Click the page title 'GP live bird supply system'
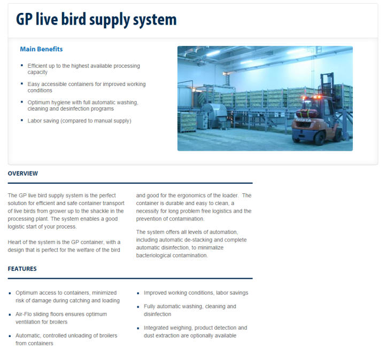tap(96, 20)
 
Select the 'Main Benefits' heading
tap(41, 49)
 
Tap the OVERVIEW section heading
tap(23, 174)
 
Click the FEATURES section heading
tap(22, 269)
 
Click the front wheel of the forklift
tap(320, 138)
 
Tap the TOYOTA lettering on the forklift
tap(303, 120)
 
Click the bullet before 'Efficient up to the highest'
tap(22, 65)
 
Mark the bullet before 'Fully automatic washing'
tap(138, 307)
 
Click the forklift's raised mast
tap(327, 84)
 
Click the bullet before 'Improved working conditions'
tap(138, 293)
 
